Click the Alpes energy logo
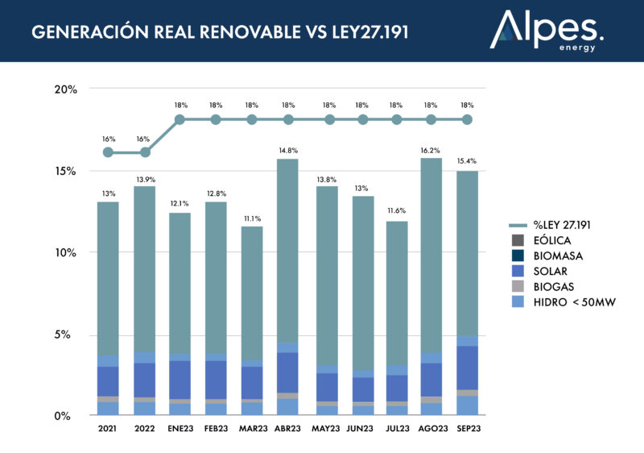pyautogui.click(x=547, y=31)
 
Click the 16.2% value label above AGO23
pyautogui.click(x=431, y=150)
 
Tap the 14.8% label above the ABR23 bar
pyautogui.click(x=287, y=150)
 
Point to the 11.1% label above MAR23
pyautogui.click(x=252, y=218)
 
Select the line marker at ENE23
pyautogui.click(x=180, y=119)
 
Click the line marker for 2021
pyautogui.click(x=108, y=152)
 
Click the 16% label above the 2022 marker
pyautogui.click(x=143, y=139)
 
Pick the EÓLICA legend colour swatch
pyautogui.click(x=518, y=241)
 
